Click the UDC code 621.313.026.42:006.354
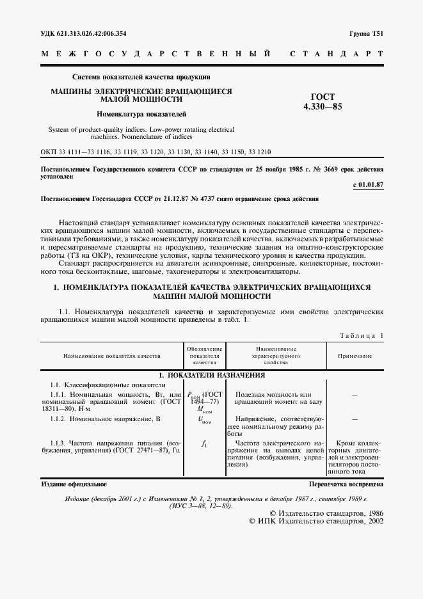[83, 33]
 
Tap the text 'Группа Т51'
[366, 33]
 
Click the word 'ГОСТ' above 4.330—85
[319, 97]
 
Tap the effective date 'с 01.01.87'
[368, 185]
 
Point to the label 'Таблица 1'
[360, 335]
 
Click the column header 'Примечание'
[355, 356]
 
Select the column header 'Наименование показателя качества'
[111, 356]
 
